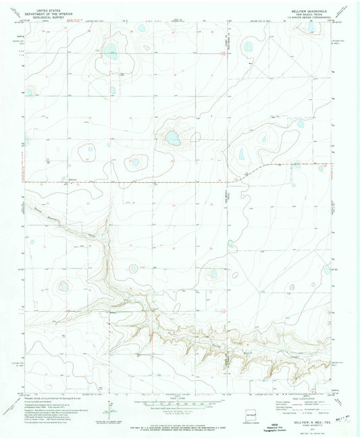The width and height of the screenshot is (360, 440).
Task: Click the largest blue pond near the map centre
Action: pos(173,138)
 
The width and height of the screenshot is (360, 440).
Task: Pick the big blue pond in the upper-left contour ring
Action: pos(111,53)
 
